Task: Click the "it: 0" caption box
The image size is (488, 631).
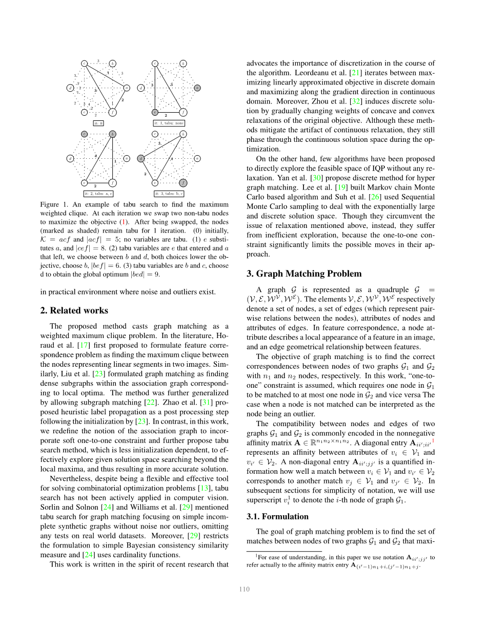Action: click(98, 123)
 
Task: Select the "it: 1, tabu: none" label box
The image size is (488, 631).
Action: click(169, 123)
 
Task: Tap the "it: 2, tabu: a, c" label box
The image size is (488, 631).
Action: click(98, 194)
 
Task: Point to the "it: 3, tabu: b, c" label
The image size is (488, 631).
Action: click(169, 194)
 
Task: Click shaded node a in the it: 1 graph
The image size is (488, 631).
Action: click(197, 88)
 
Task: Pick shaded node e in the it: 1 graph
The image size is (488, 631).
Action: click(155, 112)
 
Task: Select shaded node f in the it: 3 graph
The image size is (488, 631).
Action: click(183, 182)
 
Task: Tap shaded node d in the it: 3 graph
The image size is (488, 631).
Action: click(141, 158)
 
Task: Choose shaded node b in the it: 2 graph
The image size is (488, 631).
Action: click(113, 134)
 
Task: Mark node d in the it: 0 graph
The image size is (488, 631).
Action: click(70, 88)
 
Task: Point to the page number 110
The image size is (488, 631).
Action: click(244, 589)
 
